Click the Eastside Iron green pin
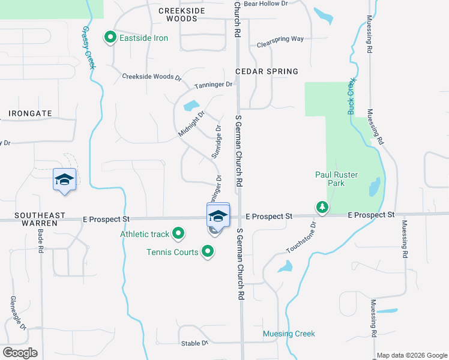pos(110,38)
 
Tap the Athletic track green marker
pos(178,233)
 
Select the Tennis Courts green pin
pos(208,251)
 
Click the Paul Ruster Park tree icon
pos(322,208)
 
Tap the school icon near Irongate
pos(64,179)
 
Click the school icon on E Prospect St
pos(218,216)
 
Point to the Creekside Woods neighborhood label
pos(181,15)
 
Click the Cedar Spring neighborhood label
pos(267,71)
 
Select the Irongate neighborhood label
pos(30,113)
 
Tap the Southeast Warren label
pos(31,219)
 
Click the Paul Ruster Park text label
pos(337,179)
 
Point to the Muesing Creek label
pos(289,334)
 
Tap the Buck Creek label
pos(352,96)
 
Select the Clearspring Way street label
pos(280,41)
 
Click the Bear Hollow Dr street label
pos(266,4)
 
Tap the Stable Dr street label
pos(194,343)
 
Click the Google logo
pos(20,353)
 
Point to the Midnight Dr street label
pos(192,123)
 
